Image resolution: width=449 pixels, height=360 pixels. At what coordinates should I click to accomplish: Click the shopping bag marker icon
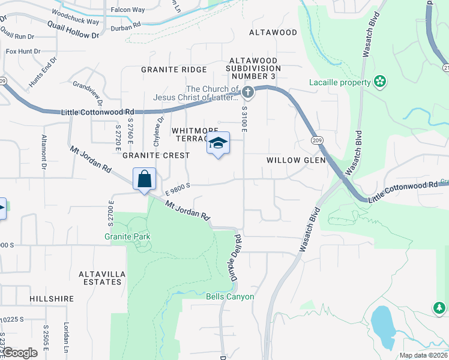coord(144,179)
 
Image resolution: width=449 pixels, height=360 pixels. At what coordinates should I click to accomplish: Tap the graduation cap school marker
coord(218,143)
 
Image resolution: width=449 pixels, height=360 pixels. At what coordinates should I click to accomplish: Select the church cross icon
coord(248,92)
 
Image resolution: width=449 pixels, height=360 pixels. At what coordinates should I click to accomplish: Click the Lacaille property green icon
coord(379,81)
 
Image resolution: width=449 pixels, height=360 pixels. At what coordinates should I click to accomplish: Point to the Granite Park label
coord(127,236)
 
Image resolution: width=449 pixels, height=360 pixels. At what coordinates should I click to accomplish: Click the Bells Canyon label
coord(230,296)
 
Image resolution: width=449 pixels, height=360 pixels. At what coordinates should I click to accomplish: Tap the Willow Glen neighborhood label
coord(296,160)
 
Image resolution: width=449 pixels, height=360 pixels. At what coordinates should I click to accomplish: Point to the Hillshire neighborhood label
coord(52,298)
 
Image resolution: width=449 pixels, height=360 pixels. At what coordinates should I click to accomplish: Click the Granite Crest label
coord(156,155)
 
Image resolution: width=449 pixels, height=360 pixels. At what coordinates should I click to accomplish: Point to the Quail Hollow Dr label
coord(73,30)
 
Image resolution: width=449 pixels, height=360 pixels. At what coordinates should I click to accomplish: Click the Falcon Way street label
coord(128,10)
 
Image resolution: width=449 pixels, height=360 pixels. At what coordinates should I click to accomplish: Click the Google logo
coord(19,353)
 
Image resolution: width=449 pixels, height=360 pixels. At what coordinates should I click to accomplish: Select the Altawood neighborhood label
coord(273,32)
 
